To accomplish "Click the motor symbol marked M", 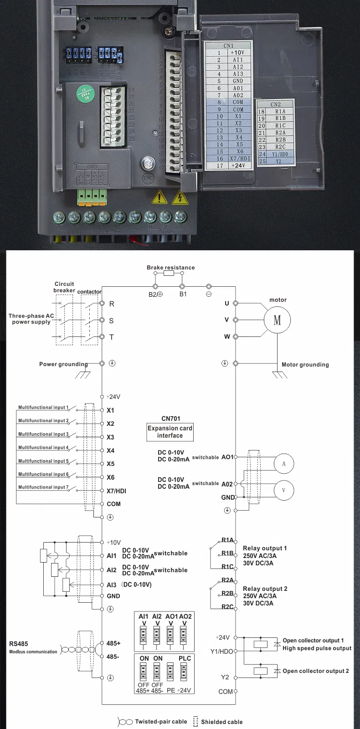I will [x=277, y=320].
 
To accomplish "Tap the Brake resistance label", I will [x=170, y=268].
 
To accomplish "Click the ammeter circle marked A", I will [x=283, y=464].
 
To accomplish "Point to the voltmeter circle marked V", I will [x=283, y=490].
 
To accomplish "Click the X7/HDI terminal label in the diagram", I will [x=116, y=491].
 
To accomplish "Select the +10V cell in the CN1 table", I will [x=237, y=52].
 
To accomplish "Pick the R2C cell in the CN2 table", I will [x=280, y=147].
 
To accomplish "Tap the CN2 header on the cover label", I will [x=275, y=104].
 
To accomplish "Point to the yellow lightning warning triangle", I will [x=180, y=197].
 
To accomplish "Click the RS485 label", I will [x=19, y=644].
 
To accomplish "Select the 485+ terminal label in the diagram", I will [x=113, y=643].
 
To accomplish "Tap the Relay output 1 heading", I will [x=265, y=548].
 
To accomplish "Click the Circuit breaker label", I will [x=64, y=287].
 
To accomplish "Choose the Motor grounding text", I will [x=305, y=364].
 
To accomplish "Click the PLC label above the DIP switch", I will [x=185, y=658].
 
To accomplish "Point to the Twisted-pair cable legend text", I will [x=161, y=722].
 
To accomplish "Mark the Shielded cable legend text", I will [x=221, y=722].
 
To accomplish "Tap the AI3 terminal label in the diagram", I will [x=112, y=585].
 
